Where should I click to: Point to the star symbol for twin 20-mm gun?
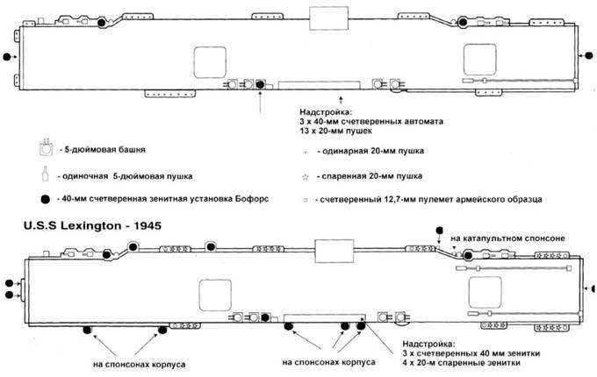pos(306,176)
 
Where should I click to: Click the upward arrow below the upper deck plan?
pos(261,103)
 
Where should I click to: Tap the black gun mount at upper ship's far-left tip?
pos(8,57)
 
